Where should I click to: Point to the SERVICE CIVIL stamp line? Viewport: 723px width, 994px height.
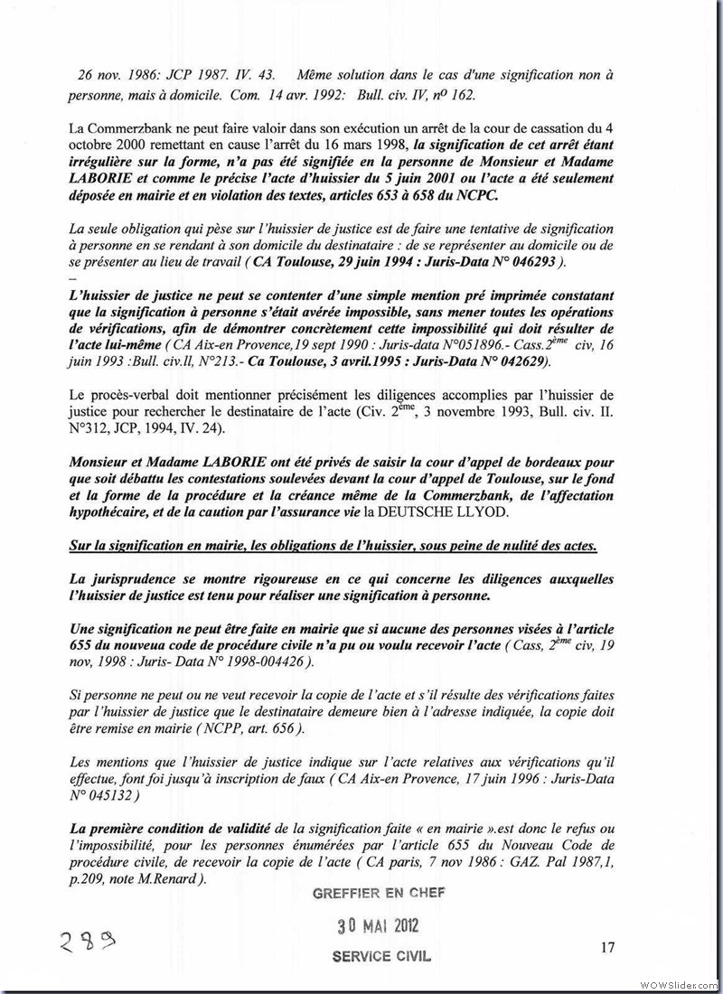(x=381, y=955)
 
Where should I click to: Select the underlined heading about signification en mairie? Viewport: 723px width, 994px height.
(x=332, y=548)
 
